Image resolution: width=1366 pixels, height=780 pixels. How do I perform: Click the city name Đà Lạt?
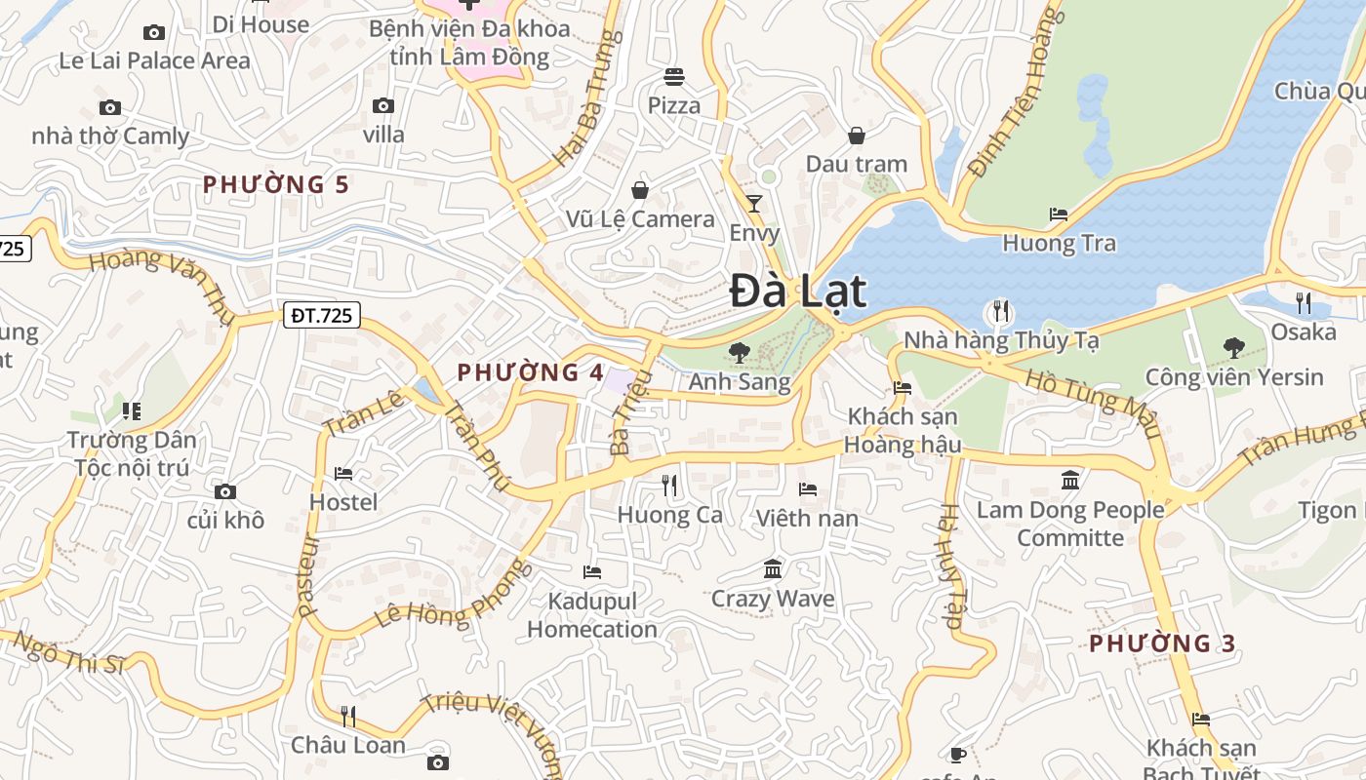coord(798,292)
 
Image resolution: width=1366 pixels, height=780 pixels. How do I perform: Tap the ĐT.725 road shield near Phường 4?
coord(322,315)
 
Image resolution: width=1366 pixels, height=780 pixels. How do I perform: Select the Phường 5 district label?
coord(276,184)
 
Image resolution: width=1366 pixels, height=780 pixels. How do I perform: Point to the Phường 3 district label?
coord(1162,643)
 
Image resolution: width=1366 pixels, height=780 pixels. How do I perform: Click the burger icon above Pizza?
coord(674,76)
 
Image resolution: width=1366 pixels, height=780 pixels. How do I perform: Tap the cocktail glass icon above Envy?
coord(754,204)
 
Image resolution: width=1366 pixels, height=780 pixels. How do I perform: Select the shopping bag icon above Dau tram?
coord(857,136)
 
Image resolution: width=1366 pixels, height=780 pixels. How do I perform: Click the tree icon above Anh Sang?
coord(740,352)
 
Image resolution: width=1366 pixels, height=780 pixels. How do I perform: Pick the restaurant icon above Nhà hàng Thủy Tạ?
coord(1001,312)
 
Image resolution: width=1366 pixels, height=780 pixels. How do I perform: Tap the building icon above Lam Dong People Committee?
coord(1070,480)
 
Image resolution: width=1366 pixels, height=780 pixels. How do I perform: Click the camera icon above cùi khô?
coord(225,491)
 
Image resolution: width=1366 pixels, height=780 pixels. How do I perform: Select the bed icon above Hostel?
coord(343,474)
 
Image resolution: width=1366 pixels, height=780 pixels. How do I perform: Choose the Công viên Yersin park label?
coord(1234,377)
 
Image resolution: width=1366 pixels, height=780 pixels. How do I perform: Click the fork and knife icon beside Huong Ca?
coord(669,485)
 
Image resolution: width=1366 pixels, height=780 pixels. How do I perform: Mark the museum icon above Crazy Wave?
coord(773,568)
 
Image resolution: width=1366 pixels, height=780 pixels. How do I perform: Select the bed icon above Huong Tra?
coord(1059,214)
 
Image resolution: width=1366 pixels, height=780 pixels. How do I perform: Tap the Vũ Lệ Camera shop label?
coord(640,219)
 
